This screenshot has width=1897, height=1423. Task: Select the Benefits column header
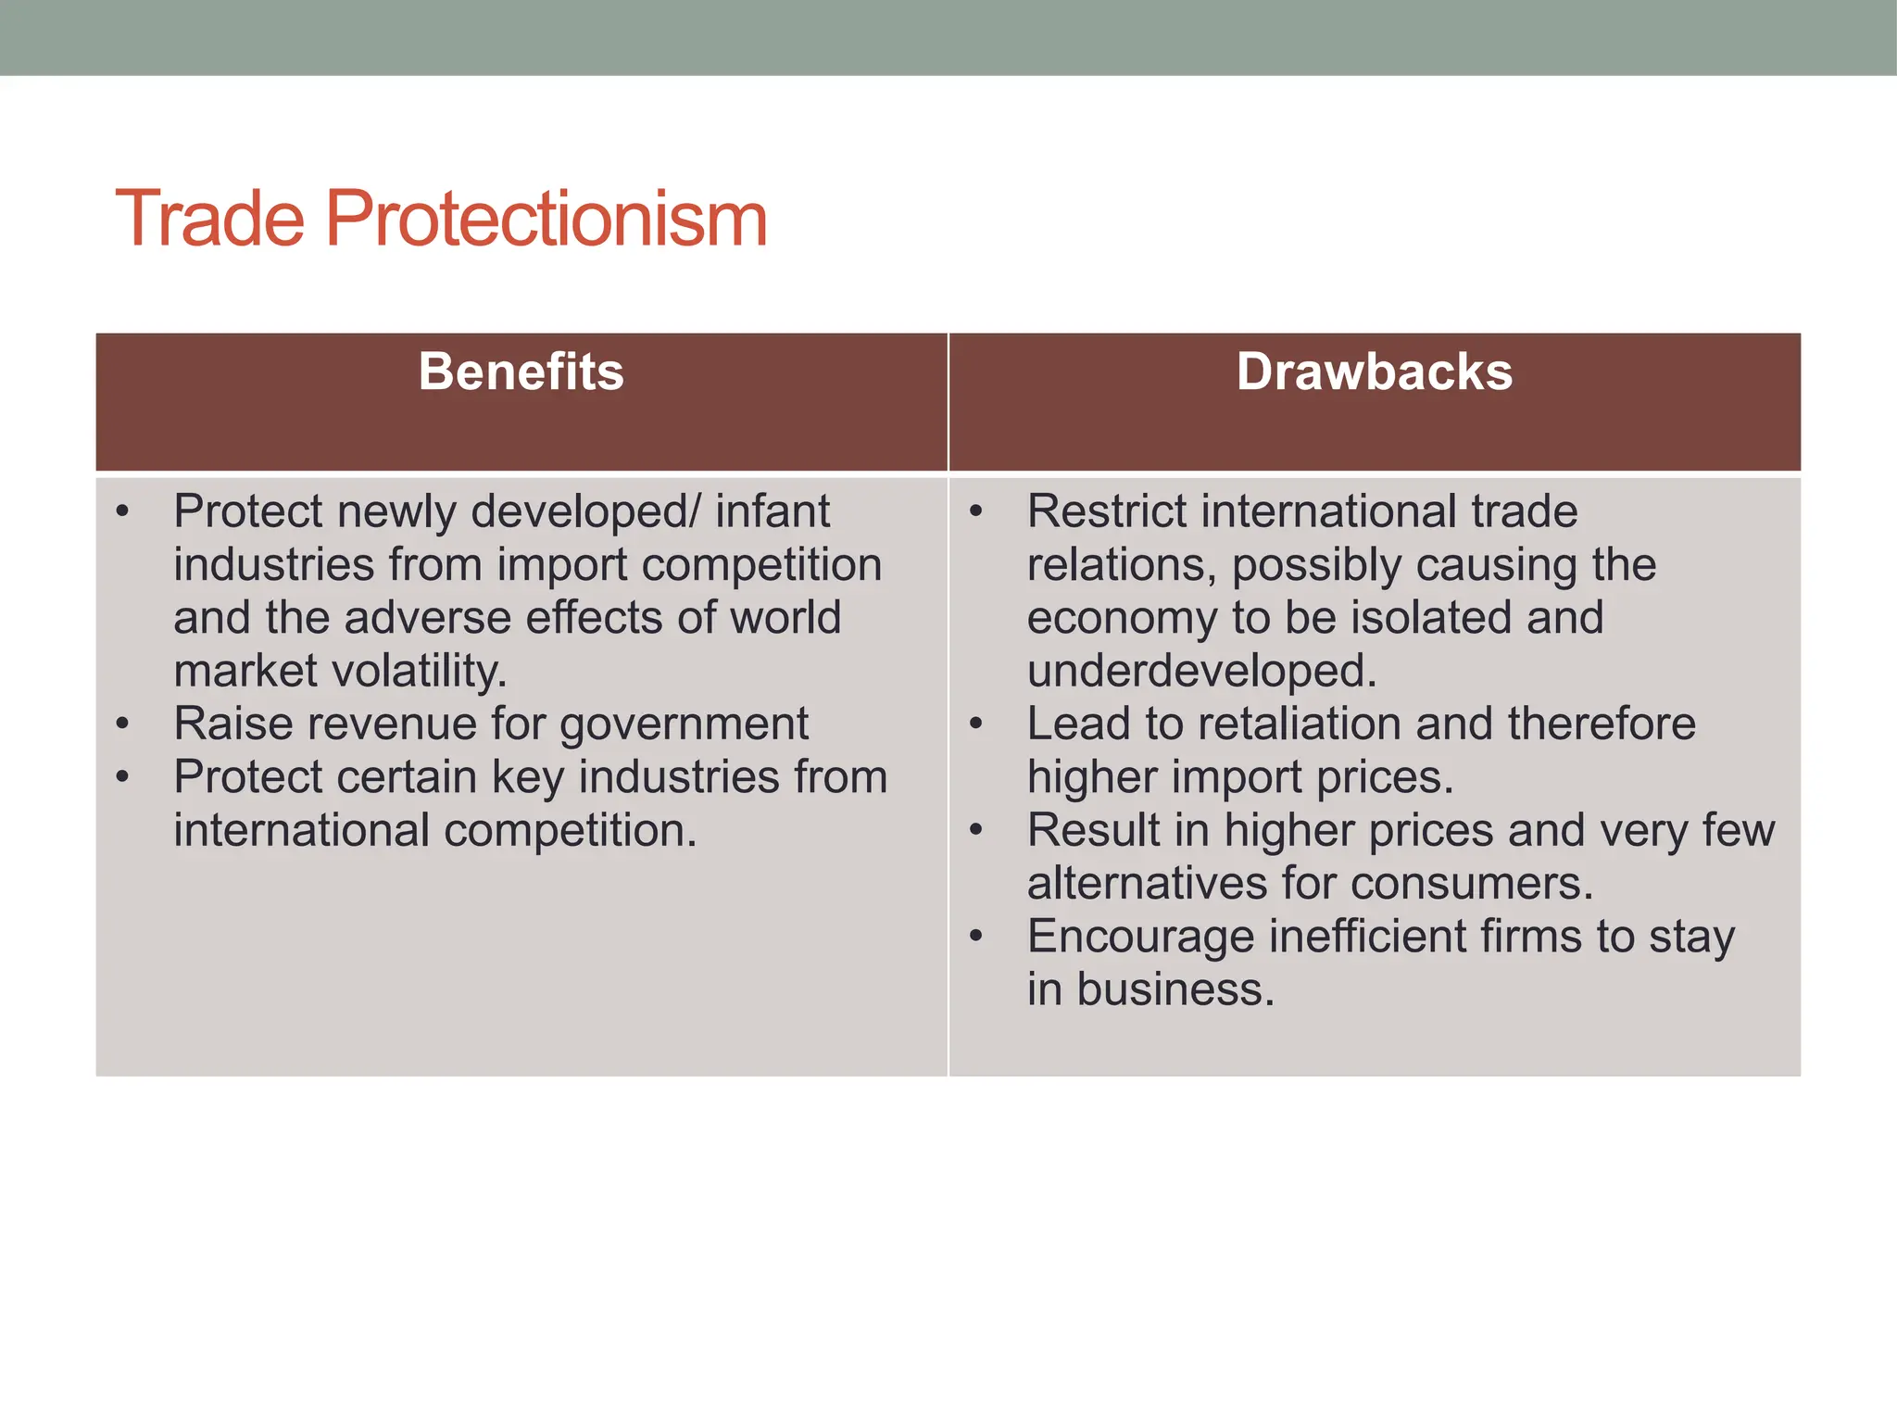coord(521,371)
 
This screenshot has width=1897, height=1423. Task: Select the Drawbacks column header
coord(1374,371)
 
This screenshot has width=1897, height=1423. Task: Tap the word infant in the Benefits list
coord(773,511)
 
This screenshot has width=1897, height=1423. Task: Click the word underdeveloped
coord(1201,671)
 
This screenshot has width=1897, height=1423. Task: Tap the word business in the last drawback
coord(1175,989)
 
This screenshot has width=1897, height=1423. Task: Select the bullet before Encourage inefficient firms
coord(976,936)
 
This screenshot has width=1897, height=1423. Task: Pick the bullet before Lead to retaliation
coord(976,724)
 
